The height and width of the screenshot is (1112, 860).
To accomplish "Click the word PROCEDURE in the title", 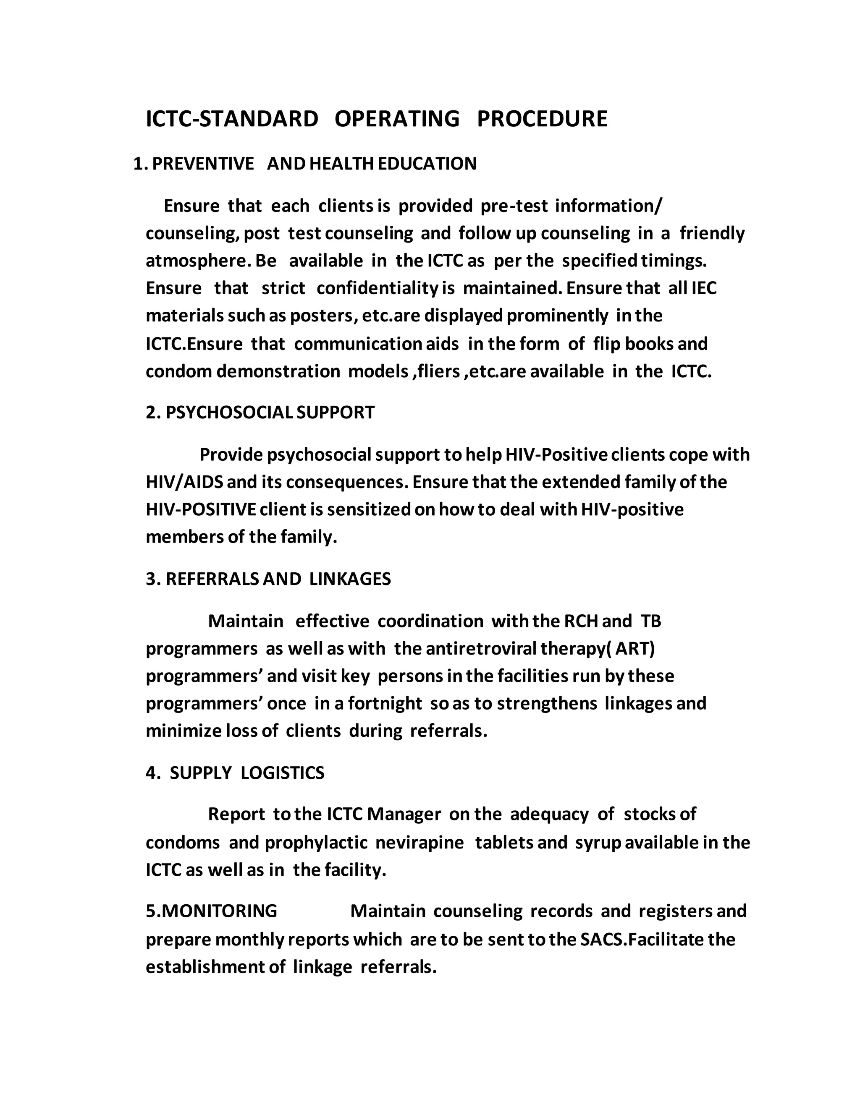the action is point(542,119).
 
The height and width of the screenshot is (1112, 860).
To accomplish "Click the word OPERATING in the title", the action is point(397,119).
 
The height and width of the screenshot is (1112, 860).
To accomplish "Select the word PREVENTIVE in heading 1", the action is point(203,164).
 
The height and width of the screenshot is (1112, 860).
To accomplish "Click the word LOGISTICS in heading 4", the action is point(282,773).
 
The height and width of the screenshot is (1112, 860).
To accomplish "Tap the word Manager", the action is point(404,814).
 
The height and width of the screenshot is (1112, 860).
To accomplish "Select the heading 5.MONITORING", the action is point(212,911).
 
